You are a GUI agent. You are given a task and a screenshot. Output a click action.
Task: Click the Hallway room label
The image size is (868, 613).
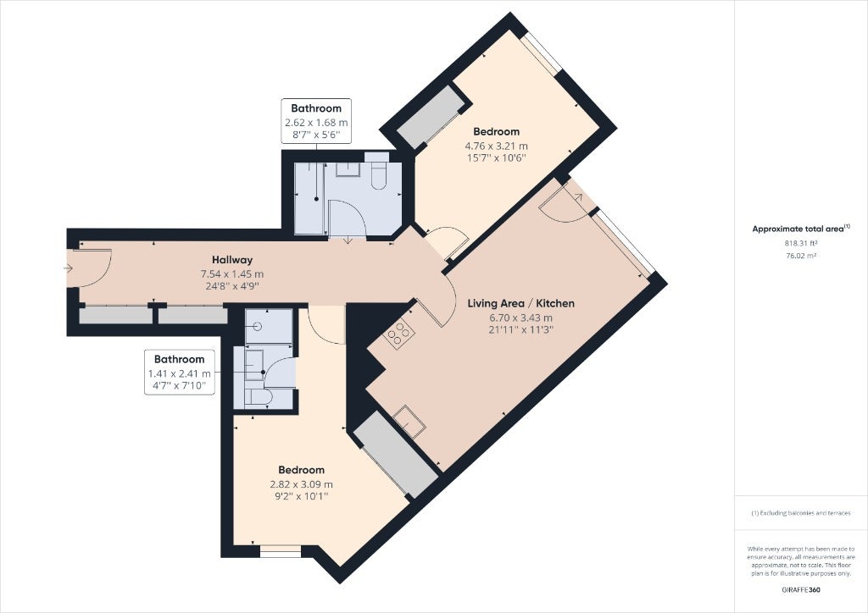click(232, 260)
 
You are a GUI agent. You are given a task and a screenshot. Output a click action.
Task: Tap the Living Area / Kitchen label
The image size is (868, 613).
click(521, 303)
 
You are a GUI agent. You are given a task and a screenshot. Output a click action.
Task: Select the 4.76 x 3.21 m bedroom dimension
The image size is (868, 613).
click(496, 146)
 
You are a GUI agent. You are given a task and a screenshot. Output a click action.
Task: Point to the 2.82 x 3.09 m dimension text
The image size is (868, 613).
click(301, 485)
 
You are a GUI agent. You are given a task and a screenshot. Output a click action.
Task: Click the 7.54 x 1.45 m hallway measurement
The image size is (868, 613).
click(232, 274)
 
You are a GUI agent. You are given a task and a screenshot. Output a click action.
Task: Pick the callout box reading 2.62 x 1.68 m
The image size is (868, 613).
click(316, 121)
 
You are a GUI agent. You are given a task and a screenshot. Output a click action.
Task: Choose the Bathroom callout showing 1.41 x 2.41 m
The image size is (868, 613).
click(180, 372)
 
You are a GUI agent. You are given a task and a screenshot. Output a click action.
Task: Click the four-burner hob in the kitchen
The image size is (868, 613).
click(399, 334)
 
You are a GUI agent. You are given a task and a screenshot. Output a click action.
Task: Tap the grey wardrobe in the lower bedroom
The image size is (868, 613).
click(396, 455)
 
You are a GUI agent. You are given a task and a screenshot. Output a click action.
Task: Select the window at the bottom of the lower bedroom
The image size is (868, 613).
click(281, 551)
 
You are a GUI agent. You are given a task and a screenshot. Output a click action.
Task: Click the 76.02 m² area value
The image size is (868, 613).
click(800, 256)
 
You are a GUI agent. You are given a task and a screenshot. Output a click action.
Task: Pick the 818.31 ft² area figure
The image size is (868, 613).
click(801, 243)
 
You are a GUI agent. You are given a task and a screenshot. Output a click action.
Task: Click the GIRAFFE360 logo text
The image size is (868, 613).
click(801, 590)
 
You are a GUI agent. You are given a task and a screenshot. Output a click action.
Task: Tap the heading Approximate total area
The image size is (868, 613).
click(798, 229)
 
